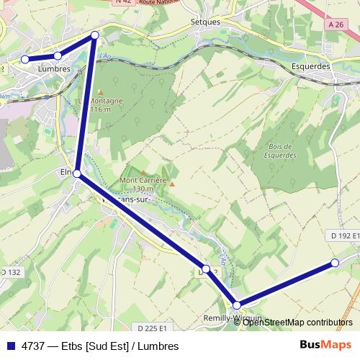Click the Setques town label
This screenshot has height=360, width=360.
pos(205,22)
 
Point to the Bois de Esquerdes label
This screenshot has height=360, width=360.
pos(271,150)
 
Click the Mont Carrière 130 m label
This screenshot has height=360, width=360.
pos(143,184)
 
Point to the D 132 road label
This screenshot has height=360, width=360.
pos(11,272)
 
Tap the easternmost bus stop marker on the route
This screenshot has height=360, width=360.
pos(334,263)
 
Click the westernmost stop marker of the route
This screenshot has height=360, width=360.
pos(25,60)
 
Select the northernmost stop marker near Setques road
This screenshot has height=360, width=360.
pos(94,35)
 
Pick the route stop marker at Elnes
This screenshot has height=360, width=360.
pos(77,174)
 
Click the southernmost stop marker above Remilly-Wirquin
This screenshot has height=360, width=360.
pos(237,305)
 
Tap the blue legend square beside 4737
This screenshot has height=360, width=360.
pos(10,346)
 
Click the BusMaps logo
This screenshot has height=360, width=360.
pos(325,345)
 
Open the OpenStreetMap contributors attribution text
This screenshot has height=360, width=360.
pos(297,322)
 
